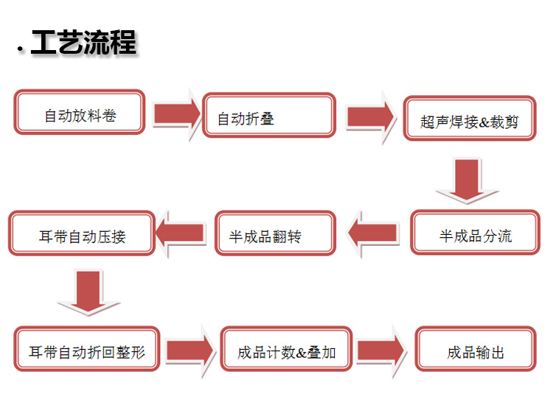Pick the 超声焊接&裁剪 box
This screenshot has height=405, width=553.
pos(469,118)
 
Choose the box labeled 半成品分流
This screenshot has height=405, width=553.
pos(475,233)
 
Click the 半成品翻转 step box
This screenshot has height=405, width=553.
pos(274,233)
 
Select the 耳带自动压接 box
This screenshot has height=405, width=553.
pos(82,233)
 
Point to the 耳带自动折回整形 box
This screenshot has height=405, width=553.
pos(87,349)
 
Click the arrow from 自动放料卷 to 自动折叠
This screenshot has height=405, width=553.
pos(177,114)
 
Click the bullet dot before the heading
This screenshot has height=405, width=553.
pos(20,50)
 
